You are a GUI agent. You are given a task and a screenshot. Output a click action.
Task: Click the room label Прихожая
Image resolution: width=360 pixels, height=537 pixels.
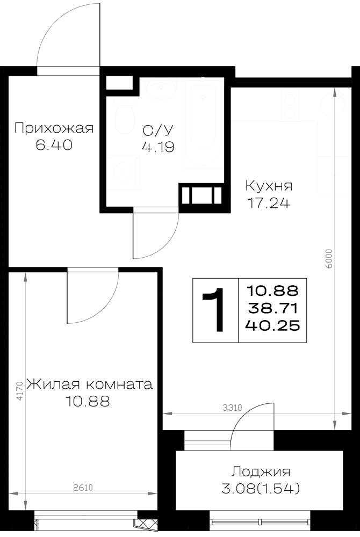point(54,128)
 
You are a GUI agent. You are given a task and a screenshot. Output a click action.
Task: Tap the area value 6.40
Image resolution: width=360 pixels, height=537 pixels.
point(54,145)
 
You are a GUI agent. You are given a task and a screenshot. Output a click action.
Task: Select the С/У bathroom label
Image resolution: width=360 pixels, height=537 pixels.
point(159,130)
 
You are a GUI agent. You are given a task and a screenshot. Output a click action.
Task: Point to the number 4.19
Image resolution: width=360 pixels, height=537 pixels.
point(159,147)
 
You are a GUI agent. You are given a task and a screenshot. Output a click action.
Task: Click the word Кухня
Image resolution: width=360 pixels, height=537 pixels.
point(269,186)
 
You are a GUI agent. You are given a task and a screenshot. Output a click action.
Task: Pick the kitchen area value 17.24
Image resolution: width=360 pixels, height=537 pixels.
point(269,203)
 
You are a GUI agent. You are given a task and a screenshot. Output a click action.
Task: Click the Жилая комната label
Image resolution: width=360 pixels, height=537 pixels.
point(90,384)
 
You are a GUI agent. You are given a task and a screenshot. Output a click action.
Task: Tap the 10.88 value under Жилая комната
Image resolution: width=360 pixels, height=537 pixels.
point(88,401)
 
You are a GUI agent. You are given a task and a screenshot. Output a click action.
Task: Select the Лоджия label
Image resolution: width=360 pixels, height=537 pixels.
point(261,472)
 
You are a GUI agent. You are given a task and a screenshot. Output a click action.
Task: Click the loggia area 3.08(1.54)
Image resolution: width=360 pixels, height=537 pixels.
point(261,489)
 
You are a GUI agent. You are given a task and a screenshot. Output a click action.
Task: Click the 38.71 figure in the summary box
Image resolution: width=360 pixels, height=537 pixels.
point(272,309)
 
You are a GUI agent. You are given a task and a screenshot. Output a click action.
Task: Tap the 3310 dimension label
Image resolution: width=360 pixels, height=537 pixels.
point(232,408)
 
